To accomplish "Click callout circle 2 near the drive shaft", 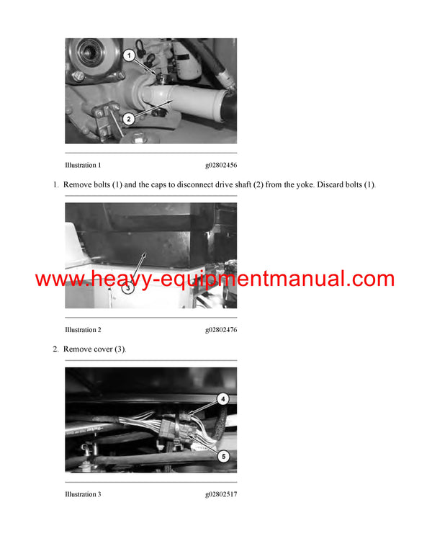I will pos(127,119).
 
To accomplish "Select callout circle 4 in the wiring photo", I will pos(223,398).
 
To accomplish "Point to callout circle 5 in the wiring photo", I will pos(223,455).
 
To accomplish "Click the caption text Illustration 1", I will pos(83,165).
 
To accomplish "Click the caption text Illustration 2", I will pos(83,330).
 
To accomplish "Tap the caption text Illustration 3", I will pos(83,494).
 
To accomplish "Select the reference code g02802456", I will pos(220,165).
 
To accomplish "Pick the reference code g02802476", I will pos(220,330).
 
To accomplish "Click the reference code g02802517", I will pos(220,494).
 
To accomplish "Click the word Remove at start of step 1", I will pos(76,185).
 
